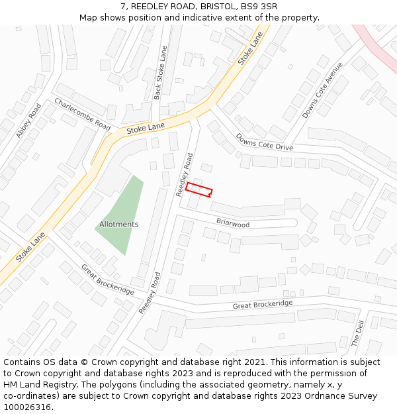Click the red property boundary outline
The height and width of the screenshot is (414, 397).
[198, 189]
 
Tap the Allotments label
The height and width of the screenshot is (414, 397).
[119, 225]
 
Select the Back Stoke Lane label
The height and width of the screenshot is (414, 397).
[159, 73]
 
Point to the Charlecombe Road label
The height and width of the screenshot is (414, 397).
[82, 114]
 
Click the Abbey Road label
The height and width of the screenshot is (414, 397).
[28, 121]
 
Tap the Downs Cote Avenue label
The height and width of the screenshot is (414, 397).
[323, 91]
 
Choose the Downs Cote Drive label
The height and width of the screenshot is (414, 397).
[264, 142]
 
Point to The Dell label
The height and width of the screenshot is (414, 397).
[357, 333]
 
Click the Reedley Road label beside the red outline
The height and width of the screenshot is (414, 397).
[184, 175]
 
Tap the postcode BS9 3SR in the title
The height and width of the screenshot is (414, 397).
[260, 7]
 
